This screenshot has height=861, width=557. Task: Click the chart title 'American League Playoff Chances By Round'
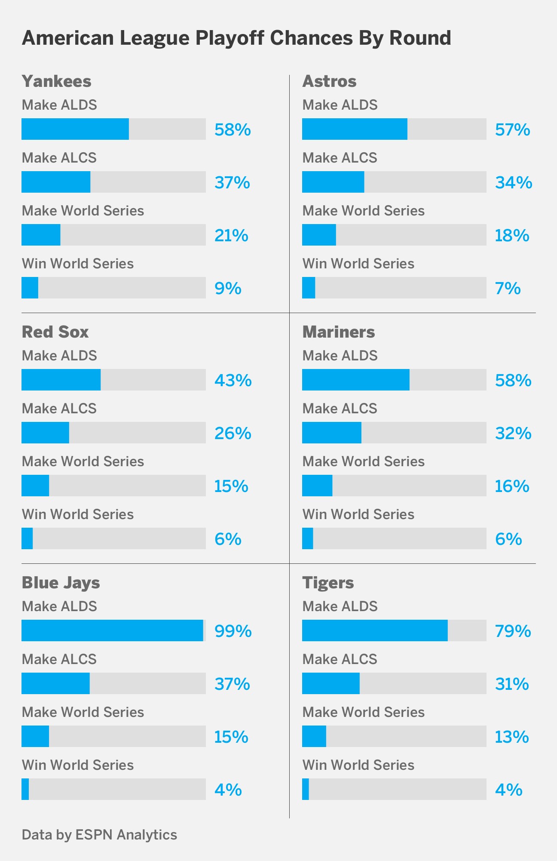coord(236,38)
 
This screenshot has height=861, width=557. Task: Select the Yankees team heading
coord(56,81)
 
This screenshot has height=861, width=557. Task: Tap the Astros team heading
coord(329,81)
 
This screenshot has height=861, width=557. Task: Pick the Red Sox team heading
coord(55,332)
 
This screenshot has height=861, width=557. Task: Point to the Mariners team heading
coord(339,332)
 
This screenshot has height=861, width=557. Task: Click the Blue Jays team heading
coord(61,583)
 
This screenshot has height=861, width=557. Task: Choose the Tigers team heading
coord(328,583)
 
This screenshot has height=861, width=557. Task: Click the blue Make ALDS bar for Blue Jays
coord(112,630)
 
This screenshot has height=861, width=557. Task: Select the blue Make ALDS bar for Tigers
coord(375,630)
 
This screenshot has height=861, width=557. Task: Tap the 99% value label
coord(233,631)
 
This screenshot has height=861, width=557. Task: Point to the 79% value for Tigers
coord(513,631)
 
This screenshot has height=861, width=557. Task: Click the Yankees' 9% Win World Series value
coord(228,288)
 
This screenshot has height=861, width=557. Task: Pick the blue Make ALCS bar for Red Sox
coord(45,433)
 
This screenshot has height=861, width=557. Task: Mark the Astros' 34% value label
coord(514,183)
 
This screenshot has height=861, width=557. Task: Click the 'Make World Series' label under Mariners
coord(363,461)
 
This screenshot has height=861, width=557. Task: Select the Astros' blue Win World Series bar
coord(309,288)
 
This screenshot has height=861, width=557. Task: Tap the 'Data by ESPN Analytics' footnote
coord(99,834)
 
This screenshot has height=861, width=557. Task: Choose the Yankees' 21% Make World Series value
coord(231,236)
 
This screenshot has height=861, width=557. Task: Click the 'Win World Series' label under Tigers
coord(358,765)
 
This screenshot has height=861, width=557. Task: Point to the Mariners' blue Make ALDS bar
coord(355,380)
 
